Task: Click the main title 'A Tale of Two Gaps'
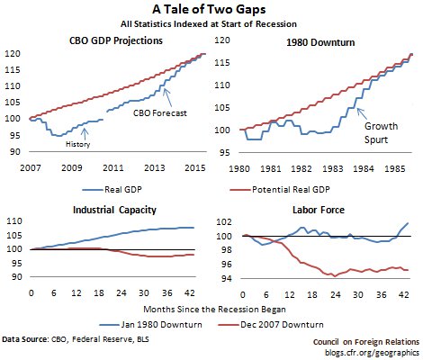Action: [x=209, y=10]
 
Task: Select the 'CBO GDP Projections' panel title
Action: [x=116, y=40]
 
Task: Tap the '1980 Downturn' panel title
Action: [x=320, y=42]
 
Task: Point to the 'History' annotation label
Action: [x=77, y=144]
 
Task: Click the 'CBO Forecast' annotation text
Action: [x=160, y=113]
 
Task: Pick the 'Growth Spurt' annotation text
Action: [x=381, y=133]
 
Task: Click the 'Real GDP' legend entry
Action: [x=112, y=190]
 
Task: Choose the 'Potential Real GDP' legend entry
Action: [x=280, y=190]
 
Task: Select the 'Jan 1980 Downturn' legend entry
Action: [x=150, y=325]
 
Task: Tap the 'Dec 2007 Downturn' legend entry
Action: [x=271, y=325]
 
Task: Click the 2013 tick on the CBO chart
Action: [x=155, y=167]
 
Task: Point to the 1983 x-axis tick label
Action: [x=333, y=168]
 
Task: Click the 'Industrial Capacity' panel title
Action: [x=114, y=210]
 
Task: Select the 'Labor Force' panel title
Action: [x=319, y=210]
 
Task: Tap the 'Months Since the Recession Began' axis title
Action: [x=214, y=310]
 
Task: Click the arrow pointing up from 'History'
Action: [x=85, y=134]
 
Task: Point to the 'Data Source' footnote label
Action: [x=24, y=339]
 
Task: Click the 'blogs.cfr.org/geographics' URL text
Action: [x=372, y=352]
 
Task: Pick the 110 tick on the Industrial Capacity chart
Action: [x=14, y=221]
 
